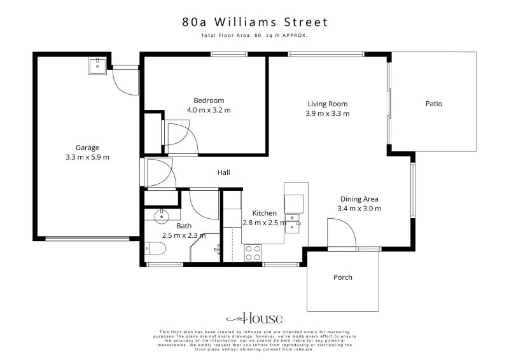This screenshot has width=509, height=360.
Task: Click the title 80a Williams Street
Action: pos(255,22)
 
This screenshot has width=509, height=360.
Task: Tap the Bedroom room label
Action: pos(209,100)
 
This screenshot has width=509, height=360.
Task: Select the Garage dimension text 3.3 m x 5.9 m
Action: pos(87,157)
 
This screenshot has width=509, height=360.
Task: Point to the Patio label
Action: pos(434,104)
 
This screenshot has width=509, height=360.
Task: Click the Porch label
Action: pos(343,277)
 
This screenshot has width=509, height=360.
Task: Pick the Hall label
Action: pos(224,172)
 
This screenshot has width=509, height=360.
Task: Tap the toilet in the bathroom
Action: pos(155,249)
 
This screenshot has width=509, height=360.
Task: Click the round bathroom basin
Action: pos(162,216)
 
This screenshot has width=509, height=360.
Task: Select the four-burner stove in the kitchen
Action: pos(253,253)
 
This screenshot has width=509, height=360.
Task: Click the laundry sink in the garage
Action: pos(97,66)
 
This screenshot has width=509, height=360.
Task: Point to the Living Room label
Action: pos(328,104)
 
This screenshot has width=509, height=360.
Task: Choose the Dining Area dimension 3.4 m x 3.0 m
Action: pos(359,209)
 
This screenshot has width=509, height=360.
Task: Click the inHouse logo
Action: pos(254,319)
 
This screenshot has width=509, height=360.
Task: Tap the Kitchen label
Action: pos(265,213)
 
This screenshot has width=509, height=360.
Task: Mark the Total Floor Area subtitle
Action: pos(254,36)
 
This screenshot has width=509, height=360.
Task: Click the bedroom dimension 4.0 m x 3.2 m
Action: pos(209,110)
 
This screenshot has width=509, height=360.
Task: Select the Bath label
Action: pos(184,226)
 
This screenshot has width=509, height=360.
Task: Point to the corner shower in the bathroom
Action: pos(206,247)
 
